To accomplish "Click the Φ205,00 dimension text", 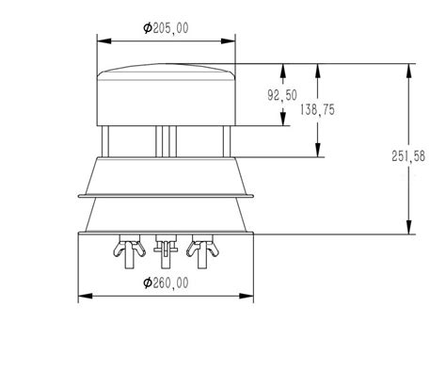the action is tap(166, 28).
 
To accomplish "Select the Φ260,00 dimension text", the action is tap(166, 282).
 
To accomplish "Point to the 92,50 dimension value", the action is tap(282, 95).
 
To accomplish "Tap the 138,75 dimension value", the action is tap(317, 109).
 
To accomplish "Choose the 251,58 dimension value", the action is tap(408, 156).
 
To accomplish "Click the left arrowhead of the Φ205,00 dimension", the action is tap(104, 41).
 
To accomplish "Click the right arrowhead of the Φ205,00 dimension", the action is tap(228, 41).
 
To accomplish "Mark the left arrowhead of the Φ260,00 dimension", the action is tap(86, 296).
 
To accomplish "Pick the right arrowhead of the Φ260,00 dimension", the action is tap(247, 296).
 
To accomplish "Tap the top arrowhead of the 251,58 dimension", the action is tap(408, 71).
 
